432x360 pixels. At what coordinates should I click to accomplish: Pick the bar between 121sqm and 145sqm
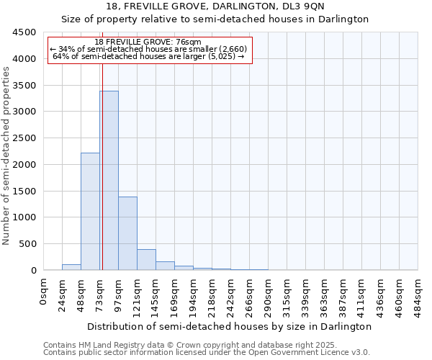pyautogui.click(x=146, y=260)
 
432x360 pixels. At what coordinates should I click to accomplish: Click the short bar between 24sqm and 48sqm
pyautogui.click(x=71, y=267)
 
